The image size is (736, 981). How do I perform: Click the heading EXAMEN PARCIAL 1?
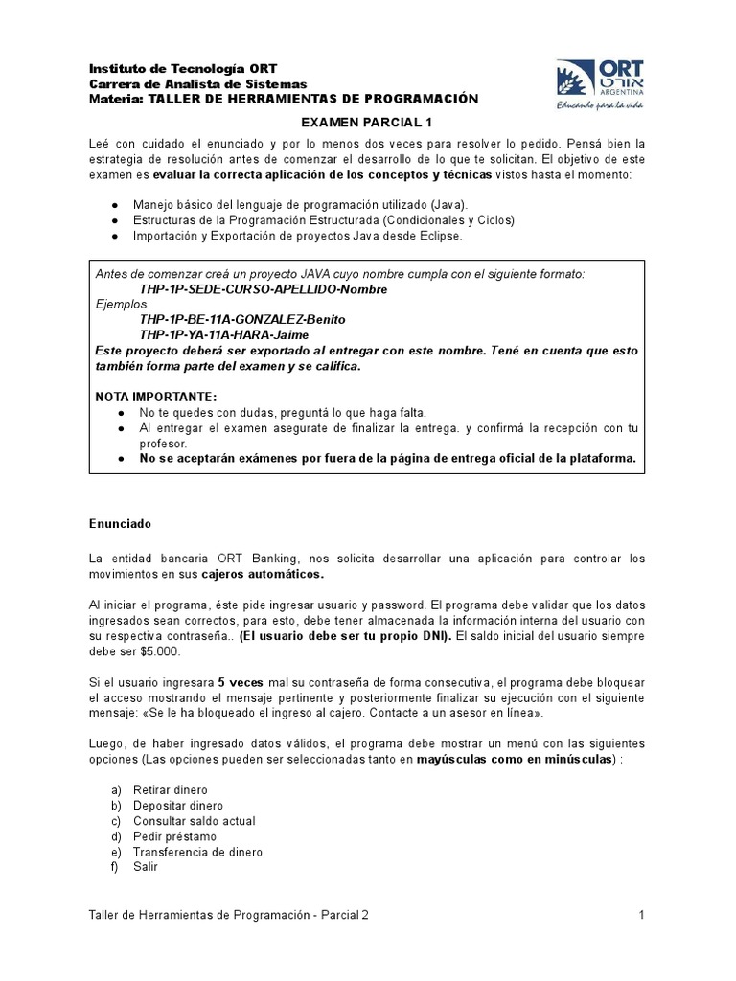click(368, 122)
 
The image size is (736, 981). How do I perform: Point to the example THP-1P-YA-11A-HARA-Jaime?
click(226, 334)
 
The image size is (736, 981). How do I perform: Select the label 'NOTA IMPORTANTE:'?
click(143, 396)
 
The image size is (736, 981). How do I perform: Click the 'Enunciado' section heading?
click(121, 524)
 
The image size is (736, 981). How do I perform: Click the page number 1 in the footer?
click(640, 915)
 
